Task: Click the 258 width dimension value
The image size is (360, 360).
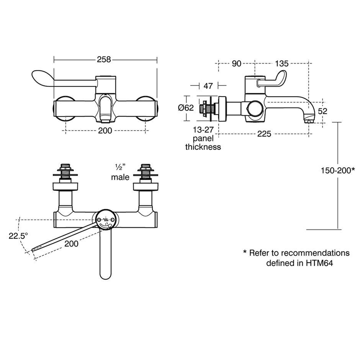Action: (x=104, y=59)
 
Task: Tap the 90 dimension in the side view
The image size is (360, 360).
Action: (x=236, y=63)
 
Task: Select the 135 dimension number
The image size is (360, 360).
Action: (x=281, y=63)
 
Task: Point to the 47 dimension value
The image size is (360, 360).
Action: (x=208, y=86)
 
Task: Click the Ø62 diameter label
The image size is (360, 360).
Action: (x=186, y=108)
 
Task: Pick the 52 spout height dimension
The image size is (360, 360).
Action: (x=322, y=111)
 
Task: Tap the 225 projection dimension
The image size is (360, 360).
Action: (x=264, y=134)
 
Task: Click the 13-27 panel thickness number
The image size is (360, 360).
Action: (x=203, y=130)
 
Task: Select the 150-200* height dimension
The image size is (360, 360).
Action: (x=338, y=170)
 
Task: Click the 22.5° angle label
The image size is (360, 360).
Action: (x=18, y=236)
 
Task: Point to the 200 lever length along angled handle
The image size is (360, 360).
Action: (x=71, y=244)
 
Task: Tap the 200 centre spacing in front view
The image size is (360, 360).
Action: (x=105, y=131)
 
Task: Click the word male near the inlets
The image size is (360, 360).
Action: (x=120, y=177)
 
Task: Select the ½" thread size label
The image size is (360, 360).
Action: (x=119, y=167)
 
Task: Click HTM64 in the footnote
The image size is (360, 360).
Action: (x=319, y=263)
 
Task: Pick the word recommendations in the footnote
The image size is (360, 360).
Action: (x=315, y=253)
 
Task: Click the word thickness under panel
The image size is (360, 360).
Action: (x=203, y=147)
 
